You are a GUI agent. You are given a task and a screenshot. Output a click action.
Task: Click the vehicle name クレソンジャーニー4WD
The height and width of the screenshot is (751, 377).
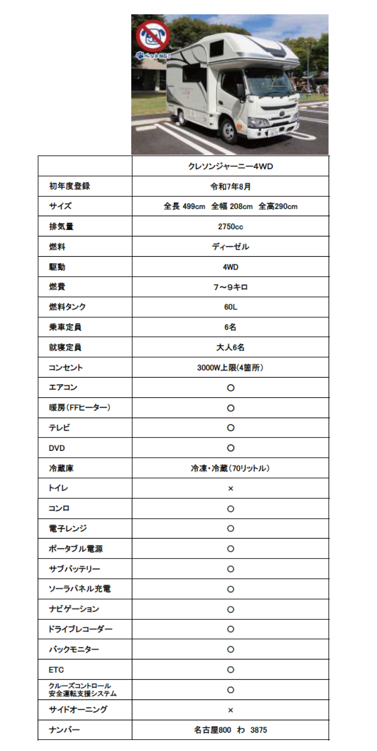click(230, 166)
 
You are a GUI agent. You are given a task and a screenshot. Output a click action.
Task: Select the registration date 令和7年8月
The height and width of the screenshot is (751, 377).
click(230, 186)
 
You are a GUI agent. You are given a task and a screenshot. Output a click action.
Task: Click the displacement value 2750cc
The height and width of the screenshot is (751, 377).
click(230, 227)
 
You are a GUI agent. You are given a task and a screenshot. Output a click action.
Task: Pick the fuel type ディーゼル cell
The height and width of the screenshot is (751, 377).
click(230, 247)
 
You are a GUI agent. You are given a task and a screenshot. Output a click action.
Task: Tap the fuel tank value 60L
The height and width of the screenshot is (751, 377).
click(230, 307)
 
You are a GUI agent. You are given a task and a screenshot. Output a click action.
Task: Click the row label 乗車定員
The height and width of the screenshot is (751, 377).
click(65, 327)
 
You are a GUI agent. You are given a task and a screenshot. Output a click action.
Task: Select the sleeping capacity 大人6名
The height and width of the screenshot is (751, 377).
click(230, 347)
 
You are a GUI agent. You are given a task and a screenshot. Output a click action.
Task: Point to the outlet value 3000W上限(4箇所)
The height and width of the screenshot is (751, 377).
click(230, 367)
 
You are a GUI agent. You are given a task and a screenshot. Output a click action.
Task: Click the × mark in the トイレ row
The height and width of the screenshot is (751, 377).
click(230, 489)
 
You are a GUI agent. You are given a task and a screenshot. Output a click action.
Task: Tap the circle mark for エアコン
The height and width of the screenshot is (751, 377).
click(230, 388)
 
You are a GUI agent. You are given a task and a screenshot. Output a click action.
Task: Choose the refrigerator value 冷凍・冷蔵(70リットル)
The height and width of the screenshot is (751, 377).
click(230, 468)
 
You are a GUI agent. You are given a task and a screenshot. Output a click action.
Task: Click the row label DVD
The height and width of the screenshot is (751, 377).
click(57, 448)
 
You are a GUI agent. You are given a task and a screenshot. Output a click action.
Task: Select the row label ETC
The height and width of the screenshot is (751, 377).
click(56, 670)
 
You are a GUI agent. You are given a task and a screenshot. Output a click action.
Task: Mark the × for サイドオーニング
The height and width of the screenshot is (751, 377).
click(230, 710)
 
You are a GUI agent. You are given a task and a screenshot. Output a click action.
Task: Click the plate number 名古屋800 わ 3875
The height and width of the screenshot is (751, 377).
click(230, 730)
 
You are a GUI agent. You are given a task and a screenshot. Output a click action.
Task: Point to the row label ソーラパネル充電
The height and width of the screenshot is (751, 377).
click(80, 589)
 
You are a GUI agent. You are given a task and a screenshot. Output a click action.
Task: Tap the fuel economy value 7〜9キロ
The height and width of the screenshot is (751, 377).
click(230, 287)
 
